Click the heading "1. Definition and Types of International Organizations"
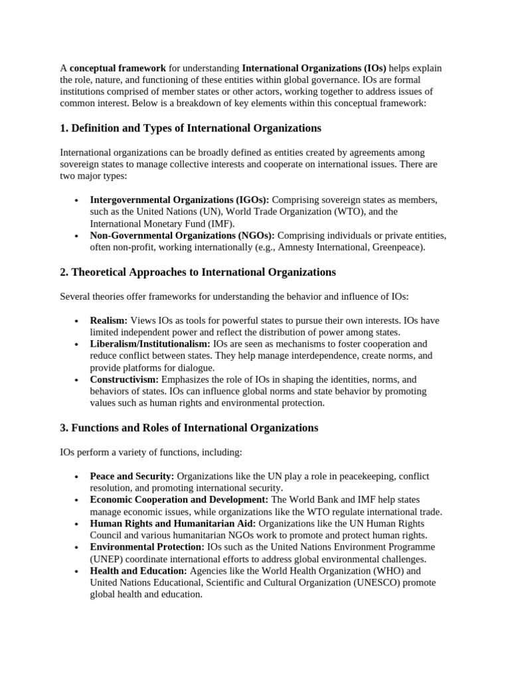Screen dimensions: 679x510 pyautogui.click(x=190, y=127)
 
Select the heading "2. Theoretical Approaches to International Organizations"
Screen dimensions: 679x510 pyautogui.click(x=198, y=272)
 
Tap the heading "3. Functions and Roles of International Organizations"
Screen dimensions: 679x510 pyautogui.click(x=189, y=428)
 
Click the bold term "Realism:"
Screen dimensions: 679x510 pyautogui.click(x=108, y=320)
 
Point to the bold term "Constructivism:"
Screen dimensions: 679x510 pyautogui.click(x=124, y=379)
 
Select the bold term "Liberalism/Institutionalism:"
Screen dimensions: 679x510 pyautogui.click(x=150, y=344)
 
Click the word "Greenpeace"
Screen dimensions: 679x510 pyautogui.click(x=398, y=247)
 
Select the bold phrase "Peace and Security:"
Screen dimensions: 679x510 pyautogui.click(x=132, y=476)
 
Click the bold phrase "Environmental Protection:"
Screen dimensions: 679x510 pyautogui.click(x=147, y=546)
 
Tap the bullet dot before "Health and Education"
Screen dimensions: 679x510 pyautogui.click(x=77, y=571)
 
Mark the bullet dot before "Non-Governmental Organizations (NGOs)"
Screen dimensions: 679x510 pyautogui.click(x=77, y=236)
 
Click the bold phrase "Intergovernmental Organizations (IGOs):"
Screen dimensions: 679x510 pyautogui.click(x=179, y=200)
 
